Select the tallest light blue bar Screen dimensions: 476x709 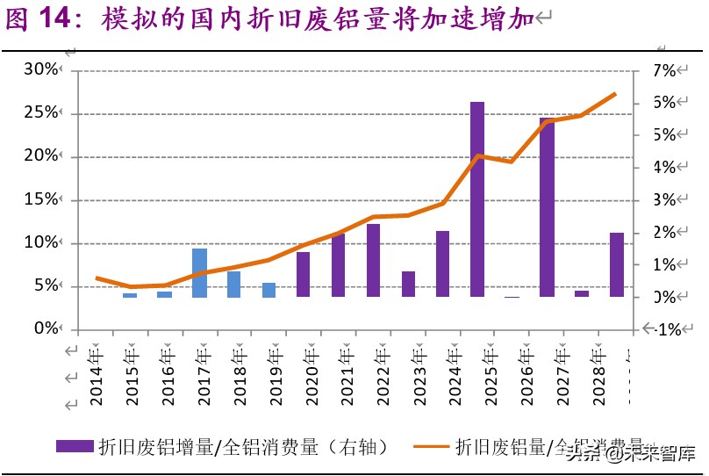[199, 272]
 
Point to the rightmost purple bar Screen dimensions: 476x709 [616, 264]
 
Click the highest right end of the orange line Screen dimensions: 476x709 [615, 94]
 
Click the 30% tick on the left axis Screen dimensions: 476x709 [39, 70]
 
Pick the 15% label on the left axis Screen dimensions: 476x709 [39, 199]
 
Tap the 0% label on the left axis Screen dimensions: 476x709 [43, 328]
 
